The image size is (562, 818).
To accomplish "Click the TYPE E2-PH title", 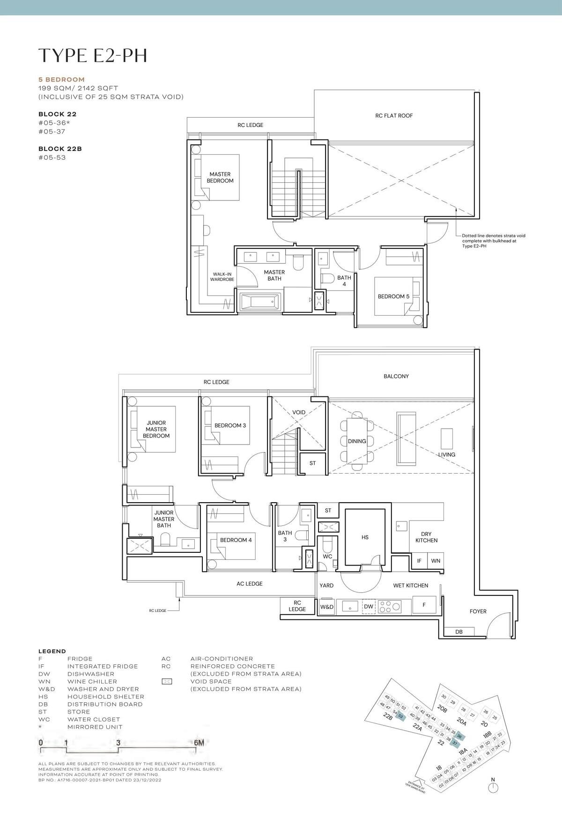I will click(x=93, y=55).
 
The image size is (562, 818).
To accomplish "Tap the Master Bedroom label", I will click(x=220, y=178).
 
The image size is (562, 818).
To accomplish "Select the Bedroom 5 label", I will click(x=393, y=297).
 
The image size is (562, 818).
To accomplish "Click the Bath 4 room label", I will click(x=344, y=281).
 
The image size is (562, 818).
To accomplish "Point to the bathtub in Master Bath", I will click(x=260, y=302).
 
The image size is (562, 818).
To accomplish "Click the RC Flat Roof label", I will click(x=394, y=116).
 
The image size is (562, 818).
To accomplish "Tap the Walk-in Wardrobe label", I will click(x=222, y=277).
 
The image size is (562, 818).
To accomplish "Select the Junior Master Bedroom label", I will click(x=156, y=429).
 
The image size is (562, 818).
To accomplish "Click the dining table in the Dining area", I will click(x=357, y=441).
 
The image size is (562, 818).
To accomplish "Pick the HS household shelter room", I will click(x=365, y=537).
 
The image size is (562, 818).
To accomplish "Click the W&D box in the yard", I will click(x=326, y=607).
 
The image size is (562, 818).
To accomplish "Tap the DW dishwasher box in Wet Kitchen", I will click(x=369, y=607).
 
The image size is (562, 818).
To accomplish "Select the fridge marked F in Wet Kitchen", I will click(x=424, y=605).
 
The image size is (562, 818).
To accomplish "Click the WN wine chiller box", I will click(x=436, y=561).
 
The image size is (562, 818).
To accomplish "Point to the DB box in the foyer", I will click(x=458, y=632).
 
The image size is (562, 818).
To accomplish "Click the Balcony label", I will click(x=396, y=376).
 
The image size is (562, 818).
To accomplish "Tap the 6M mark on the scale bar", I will click(x=199, y=743).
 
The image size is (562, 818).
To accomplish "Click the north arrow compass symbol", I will click(x=493, y=788).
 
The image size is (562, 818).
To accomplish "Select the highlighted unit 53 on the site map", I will click(x=400, y=716).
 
